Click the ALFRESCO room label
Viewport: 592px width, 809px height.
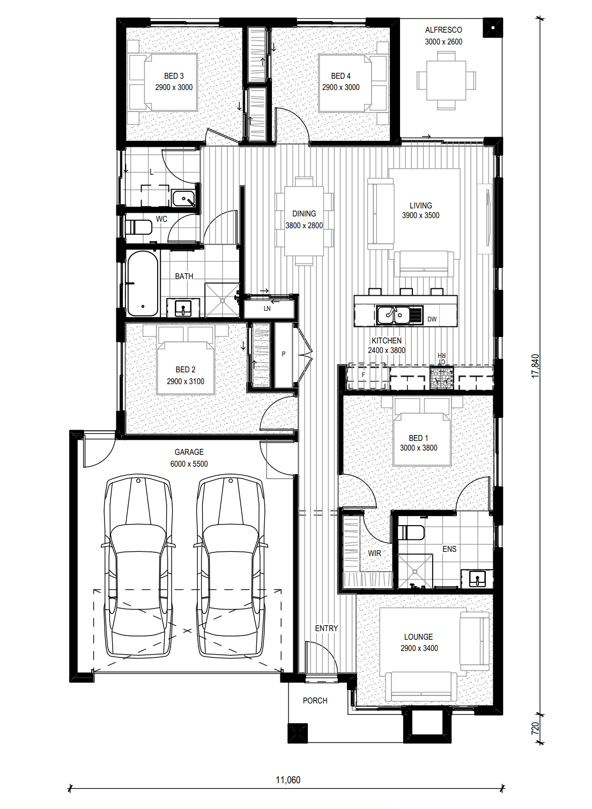coord(443,30)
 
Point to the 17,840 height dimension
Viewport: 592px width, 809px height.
coord(535,366)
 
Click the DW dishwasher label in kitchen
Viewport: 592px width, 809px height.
coord(432,319)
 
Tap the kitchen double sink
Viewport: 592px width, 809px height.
coord(394,315)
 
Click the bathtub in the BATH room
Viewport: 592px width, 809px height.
coord(143,283)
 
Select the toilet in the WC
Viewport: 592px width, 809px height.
coord(138,227)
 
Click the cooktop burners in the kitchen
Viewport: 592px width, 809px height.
coord(442,378)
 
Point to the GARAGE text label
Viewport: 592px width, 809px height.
coord(189,452)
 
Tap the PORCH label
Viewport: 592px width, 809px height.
coord(315,701)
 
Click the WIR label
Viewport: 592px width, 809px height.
coord(374,553)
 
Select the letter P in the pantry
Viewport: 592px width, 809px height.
coord(283,354)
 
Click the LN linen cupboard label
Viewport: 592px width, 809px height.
coord(267,309)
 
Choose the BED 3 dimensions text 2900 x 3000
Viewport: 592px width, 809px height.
coord(174,87)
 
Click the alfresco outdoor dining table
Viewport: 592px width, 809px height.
coord(446,80)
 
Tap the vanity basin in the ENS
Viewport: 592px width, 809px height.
coord(477,579)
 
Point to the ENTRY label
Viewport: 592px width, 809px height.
coord(327,628)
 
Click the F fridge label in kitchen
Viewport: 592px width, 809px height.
coord(364,375)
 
